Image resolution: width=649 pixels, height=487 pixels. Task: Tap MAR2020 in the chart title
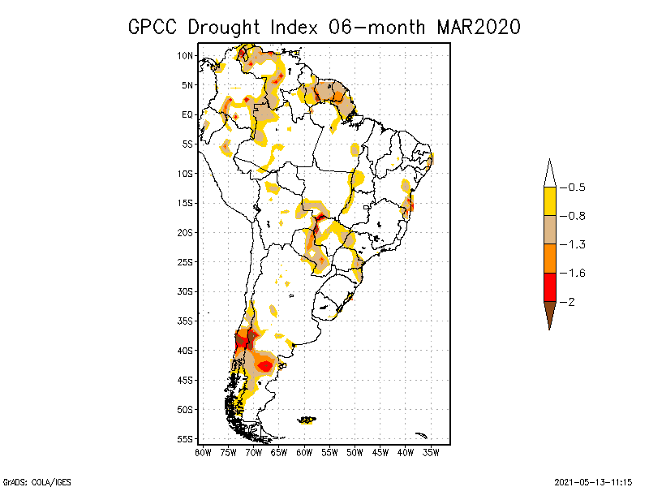pyautogui.click(x=479, y=26)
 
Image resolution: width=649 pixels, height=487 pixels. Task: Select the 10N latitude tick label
pyautogui.click(x=187, y=55)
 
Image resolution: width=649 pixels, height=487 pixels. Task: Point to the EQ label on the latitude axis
pyautogui.click(x=187, y=114)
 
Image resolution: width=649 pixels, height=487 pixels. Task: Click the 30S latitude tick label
pyautogui.click(x=187, y=291)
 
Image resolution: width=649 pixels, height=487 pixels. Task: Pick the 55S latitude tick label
pyautogui.click(x=187, y=439)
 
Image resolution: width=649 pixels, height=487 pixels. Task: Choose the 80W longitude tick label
pyautogui.click(x=203, y=451)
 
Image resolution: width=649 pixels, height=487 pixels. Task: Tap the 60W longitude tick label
pyautogui.click(x=304, y=451)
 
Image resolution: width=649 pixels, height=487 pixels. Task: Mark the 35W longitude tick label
pyautogui.click(x=431, y=451)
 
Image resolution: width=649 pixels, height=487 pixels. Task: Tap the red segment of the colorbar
pyautogui.click(x=550, y=287)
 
